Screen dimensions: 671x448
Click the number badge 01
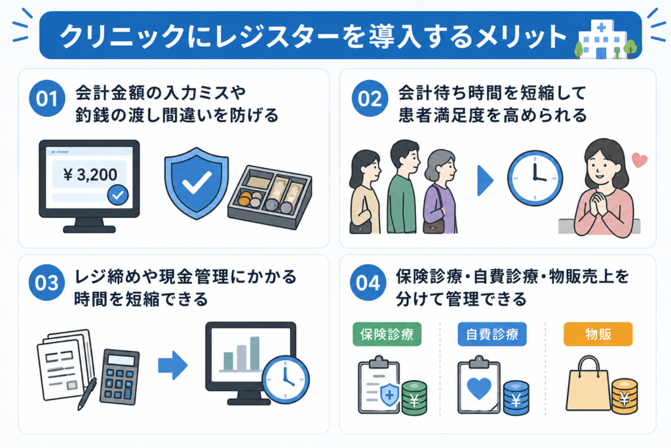coord(47,98)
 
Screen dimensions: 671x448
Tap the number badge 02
coord(370,98)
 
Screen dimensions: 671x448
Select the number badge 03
coord(47,283)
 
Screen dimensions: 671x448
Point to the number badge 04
coord(368,283)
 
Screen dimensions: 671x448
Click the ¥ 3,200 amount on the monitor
coord(90,174)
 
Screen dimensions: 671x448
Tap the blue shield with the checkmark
coord(197,183)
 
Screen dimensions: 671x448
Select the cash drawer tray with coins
coord(269,196)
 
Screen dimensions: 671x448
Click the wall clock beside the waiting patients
coord(535,178)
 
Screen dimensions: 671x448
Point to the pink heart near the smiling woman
coord(640,160)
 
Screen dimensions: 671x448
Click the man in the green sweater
coord(403,186)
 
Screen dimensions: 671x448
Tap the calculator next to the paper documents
coord(119,377)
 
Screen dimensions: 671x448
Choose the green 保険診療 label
coord(387,334)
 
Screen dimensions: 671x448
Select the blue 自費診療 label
coord(492,334)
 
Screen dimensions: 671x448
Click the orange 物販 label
coord(598,334)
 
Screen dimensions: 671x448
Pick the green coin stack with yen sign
coord(414,398)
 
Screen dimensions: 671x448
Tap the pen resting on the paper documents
coord(87,394)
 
